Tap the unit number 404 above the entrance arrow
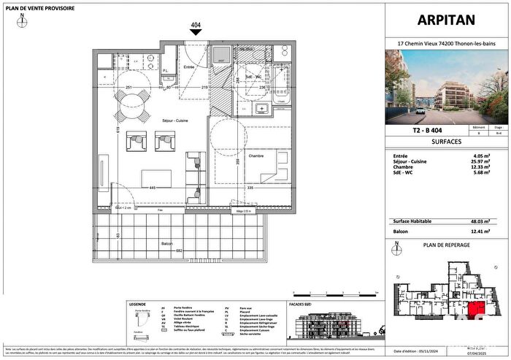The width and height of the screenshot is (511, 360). [x=196, y=25]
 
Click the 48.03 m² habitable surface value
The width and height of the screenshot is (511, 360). [x=484, y=220]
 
